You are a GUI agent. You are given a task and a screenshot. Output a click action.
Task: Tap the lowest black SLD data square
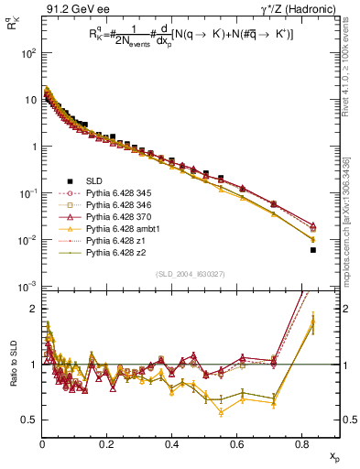click(313, 250)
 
